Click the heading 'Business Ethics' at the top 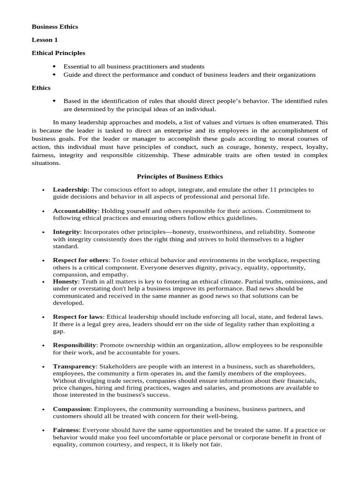55,27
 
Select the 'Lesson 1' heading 45,40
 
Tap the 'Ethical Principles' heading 58,53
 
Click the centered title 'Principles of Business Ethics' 180,176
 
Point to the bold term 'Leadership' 70,189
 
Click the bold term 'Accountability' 75,211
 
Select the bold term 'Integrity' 67,232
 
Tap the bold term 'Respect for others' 81,260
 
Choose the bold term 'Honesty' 65,281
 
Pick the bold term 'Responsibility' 75,345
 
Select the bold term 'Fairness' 66,430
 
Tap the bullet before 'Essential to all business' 54,67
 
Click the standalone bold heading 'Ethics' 41,88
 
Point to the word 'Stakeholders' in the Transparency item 117,366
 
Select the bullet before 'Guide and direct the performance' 54,75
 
